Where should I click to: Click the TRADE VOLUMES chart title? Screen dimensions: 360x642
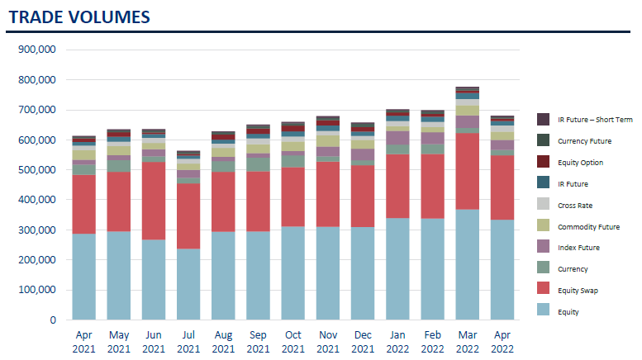79,17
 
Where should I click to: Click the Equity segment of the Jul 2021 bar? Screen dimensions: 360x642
188,284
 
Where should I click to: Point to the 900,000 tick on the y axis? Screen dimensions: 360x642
36,50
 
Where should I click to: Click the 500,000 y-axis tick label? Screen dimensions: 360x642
36,170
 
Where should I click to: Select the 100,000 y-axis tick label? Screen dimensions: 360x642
36,290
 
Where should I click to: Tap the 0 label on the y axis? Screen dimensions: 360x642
52,320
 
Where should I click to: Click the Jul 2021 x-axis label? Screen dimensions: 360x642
188,342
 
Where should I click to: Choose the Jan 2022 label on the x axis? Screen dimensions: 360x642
398,342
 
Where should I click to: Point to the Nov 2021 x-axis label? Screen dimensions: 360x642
328,342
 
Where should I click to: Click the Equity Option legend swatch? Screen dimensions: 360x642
543,162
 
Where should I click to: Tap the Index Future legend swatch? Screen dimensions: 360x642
543,248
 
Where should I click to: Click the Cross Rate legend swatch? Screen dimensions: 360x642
543,205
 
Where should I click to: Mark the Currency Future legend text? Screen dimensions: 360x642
584,140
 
